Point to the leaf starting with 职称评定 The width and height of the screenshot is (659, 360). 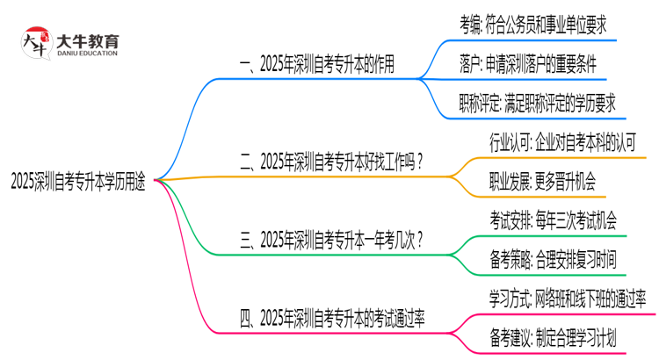(x=537, y=103)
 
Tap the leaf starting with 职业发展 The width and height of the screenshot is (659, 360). (x=542, y=181)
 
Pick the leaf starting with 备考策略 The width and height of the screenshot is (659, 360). (x=553, y=258)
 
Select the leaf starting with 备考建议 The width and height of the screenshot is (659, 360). (x=553, y=335)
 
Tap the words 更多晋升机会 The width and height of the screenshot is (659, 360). (x=565, y=181)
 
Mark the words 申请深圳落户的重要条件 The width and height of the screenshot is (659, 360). (x=554, y=64)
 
